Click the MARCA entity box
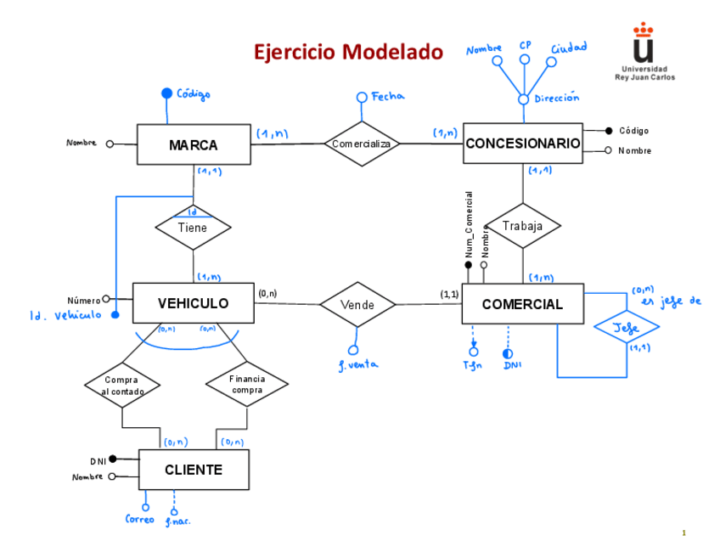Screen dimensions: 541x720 (x=193, y=145)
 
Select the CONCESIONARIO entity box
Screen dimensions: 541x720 (x=522, y=144)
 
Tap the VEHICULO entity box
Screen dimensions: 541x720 (x=193, y=303)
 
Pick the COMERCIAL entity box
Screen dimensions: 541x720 (x=522, y=304)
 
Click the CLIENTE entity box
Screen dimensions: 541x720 (x=194, y=470)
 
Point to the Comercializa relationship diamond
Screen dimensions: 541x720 (x=362, y=144)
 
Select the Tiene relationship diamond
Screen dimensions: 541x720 (x=193, y=227)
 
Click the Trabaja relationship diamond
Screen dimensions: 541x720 (x=522, y=226)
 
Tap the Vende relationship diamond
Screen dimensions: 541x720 (x=357, y=304)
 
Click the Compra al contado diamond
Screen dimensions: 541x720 (x=123, y=385)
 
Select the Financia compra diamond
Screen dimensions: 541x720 (x=247, y=384)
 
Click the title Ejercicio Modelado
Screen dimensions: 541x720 (x=348, y=53)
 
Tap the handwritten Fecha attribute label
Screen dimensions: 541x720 (x=388, y=97)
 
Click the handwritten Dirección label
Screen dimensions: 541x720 (x=557, y=99)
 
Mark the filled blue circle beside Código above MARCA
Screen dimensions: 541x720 (x=166, y=93)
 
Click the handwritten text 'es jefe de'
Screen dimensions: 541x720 (x=673, y=301)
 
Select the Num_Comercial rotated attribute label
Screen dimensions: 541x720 (x=468, y=224)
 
